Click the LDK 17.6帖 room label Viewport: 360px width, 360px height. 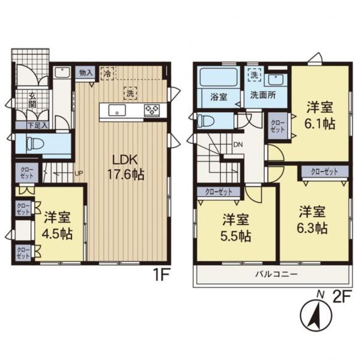coord(126,167)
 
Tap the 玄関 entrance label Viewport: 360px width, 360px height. coord(32,100)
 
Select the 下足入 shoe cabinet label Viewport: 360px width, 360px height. coord(37,125)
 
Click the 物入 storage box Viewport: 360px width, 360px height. coord(86,73)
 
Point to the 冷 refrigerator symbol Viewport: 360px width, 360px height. coord(107,73)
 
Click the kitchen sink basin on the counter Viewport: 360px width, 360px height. coord(117,110)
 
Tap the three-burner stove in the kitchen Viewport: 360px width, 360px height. coord(152,109)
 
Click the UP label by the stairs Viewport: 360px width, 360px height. coord(79,173)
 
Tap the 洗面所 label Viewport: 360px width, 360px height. coord(263,96)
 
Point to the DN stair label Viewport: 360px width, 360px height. coord(238,144)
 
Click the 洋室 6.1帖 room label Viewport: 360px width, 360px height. coord(320,116)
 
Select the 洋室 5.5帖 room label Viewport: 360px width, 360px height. coord(236,228)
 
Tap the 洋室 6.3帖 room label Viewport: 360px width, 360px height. coord(312,220)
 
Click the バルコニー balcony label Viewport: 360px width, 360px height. coord(276,274)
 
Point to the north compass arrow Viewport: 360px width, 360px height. coord(316,316)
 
